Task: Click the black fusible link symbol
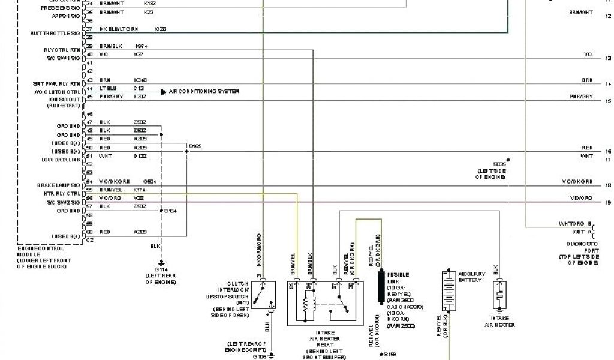[380, 287]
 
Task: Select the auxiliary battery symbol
[447, 290]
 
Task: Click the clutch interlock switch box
[263, 294]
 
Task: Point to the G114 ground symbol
[161, 262]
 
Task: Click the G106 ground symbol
[270, 355]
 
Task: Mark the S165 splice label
[195, 146]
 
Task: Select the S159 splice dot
[381, 354]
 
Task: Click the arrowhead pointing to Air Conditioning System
[164, 92]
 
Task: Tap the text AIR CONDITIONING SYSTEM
[204, 91]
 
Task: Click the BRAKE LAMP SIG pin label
[58, 185]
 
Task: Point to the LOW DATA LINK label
[61, 160]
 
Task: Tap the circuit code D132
[139, 156]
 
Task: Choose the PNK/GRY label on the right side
[581, 97]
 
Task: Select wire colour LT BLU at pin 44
[107, 88]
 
